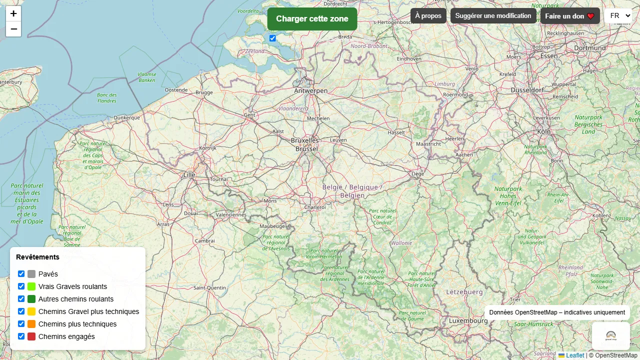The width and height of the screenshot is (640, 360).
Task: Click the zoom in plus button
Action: pos(13,13)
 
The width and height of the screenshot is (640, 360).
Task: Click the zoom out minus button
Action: pos(13,29)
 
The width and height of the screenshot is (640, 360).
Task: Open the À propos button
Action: pos(428,16)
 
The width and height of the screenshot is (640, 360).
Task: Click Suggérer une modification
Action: pos(493,16)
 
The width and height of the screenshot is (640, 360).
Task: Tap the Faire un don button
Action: pos(569,16)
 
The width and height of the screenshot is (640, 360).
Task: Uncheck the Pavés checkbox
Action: pos(21,274)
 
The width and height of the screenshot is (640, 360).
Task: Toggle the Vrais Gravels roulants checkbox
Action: pos(21,286)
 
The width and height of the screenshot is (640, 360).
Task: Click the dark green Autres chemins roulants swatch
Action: pos(31,299)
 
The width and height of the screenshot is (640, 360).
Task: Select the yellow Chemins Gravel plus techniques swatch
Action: pos(31,311)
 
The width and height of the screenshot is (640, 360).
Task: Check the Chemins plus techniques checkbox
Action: pos(21,324)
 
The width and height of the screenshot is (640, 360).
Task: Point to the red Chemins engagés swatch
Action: pos(31,336)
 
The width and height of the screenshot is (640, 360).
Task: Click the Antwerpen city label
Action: pos(311,91)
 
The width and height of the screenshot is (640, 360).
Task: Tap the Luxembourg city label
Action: pos(468,320)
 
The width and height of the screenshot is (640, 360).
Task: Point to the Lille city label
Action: pos(189,175)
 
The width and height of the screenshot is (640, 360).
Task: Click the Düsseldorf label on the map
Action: pos(527,90)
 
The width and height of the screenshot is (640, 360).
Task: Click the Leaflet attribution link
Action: pos(575,355)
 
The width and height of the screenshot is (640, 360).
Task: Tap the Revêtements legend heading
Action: pos(37,257)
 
